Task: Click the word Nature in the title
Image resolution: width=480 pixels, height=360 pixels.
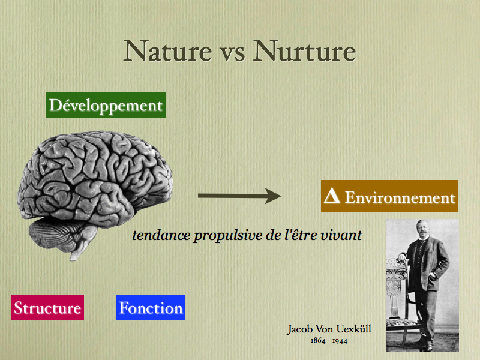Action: coord(168,51)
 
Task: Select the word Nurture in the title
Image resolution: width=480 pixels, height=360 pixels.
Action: coord(305,51)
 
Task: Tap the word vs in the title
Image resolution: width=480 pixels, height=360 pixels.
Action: coord(233,53)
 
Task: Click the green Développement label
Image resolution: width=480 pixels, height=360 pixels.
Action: coord(106,105)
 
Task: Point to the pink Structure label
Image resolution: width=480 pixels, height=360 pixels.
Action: coord(48,308)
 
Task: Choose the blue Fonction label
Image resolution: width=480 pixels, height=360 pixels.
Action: coord(151,308)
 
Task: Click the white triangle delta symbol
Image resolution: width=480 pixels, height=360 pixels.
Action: coord(332,196)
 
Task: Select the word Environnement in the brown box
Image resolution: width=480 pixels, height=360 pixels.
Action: coord(400,197)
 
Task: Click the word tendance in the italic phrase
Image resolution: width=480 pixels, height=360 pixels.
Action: coord(161,235)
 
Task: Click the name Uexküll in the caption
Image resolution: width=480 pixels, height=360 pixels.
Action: coord(354,329)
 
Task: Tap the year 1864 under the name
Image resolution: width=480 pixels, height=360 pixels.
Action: coord(318,340)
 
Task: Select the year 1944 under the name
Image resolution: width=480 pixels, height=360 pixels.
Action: coord(340,340)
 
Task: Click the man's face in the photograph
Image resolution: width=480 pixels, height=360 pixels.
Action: coord(422,229)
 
